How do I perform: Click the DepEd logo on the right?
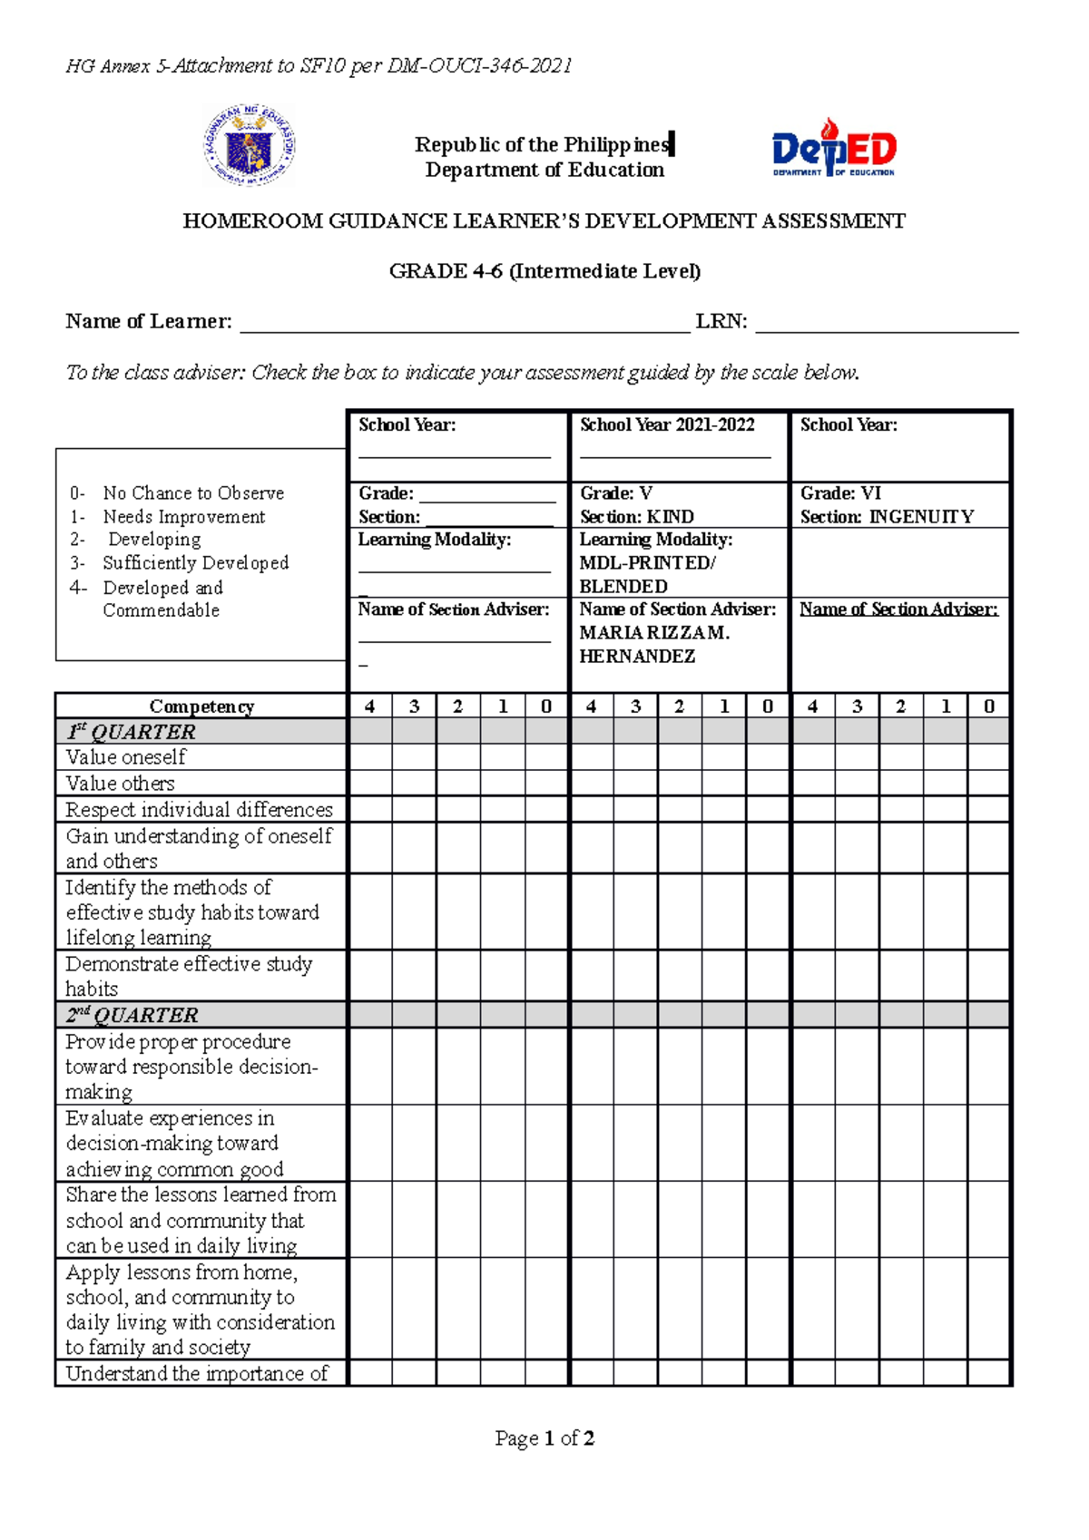point(833,148)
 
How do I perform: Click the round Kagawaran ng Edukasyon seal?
point(249,145)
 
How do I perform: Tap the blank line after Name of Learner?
point(464,325)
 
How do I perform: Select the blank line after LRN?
point(886,325)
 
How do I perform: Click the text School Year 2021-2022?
point(667,425)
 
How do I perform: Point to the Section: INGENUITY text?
point(887,517)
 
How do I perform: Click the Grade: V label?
point(616,493)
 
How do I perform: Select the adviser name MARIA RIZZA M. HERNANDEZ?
point(654,645)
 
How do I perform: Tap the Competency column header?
point(201,707)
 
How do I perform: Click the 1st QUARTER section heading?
point(131,732)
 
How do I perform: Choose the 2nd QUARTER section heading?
point(132,1015)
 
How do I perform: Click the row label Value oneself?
point(125,757)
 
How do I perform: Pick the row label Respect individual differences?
point(199,809)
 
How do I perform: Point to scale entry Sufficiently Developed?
point(195,563)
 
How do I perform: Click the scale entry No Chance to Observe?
point(193,493)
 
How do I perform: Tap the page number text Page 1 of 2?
point(544,1438)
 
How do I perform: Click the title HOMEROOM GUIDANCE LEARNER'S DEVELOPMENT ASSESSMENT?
point(544,221)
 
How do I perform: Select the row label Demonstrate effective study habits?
point(188,976)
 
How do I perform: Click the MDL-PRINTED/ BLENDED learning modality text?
point(647,575)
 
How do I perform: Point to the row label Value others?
point(120,784)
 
